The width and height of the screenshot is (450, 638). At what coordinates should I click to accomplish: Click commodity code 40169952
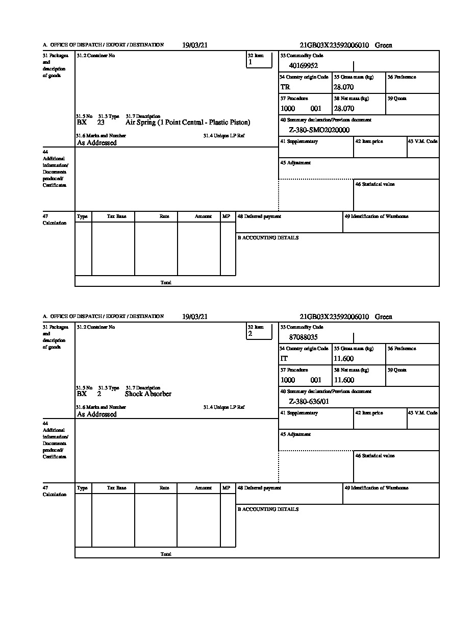[304, 65]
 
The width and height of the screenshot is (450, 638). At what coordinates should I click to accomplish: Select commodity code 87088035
[304, 337]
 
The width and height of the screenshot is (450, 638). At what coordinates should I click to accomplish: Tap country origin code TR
[285, 87]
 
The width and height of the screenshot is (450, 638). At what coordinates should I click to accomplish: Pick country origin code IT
[284, 359]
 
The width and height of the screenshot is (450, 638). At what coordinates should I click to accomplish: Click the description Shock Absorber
[148, 394]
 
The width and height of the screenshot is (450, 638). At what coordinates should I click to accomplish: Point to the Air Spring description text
[188, 122]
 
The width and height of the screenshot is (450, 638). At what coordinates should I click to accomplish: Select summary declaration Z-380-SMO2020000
[319, 130]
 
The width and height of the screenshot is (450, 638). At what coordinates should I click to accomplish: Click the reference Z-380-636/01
[309, 402]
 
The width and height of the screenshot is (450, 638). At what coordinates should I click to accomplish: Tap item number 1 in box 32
[250, 62]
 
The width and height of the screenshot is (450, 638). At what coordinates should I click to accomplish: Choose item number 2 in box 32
[250, 334]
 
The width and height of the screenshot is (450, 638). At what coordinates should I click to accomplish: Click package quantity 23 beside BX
[101, 122]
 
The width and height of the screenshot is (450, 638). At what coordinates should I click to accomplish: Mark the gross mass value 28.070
[344, 87]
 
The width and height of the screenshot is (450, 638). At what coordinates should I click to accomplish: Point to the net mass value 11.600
[344, 380]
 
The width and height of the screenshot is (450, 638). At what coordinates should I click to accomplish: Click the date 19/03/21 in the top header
[195, 45]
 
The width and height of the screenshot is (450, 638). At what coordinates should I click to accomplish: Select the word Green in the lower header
[384, 317]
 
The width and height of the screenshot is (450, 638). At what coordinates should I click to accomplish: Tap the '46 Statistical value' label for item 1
[375, 184]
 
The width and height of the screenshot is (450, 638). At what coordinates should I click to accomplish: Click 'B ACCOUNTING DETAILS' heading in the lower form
[268, 509]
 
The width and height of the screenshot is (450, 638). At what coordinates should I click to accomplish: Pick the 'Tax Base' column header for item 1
[116, 216]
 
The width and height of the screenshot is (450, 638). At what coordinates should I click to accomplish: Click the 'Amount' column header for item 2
[203, 488]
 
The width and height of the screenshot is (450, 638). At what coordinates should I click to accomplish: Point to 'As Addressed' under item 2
[97, 414]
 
